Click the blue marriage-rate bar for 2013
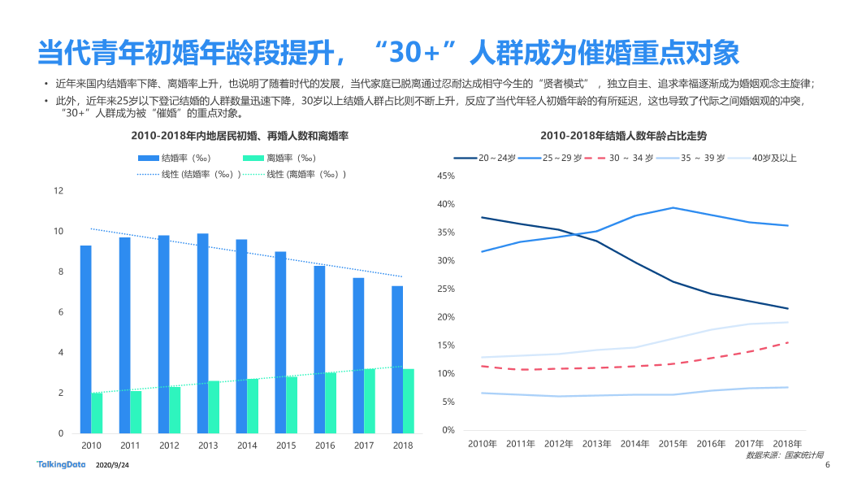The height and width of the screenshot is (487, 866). coord(203,333)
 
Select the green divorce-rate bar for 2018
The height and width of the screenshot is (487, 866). coord(408,401)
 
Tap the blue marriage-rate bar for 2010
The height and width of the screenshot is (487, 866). coord(85,339)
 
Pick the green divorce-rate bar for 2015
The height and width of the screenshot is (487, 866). coord(292,405)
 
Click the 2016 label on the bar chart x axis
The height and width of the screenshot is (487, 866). coord(325,446)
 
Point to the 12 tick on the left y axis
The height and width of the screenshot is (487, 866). coord(58,191)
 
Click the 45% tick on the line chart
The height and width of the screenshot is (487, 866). coord(446,176)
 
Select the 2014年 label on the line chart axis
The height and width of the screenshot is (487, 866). coord(634,444)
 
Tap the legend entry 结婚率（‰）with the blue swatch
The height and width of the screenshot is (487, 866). coord(174,158)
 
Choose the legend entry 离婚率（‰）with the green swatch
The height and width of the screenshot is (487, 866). coord(279,158)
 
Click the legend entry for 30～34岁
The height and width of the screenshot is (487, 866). coord(618,158)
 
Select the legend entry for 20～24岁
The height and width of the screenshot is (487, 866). coord(485,158)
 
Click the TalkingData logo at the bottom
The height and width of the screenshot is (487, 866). coord(61,464)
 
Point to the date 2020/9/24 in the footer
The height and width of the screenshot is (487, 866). coord(112,465)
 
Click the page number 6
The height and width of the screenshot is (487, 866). coord(827,465)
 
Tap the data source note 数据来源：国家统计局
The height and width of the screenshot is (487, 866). coord(784,455)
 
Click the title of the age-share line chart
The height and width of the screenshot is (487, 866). coord(624,136)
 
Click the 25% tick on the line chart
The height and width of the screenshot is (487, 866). coord(446,289)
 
